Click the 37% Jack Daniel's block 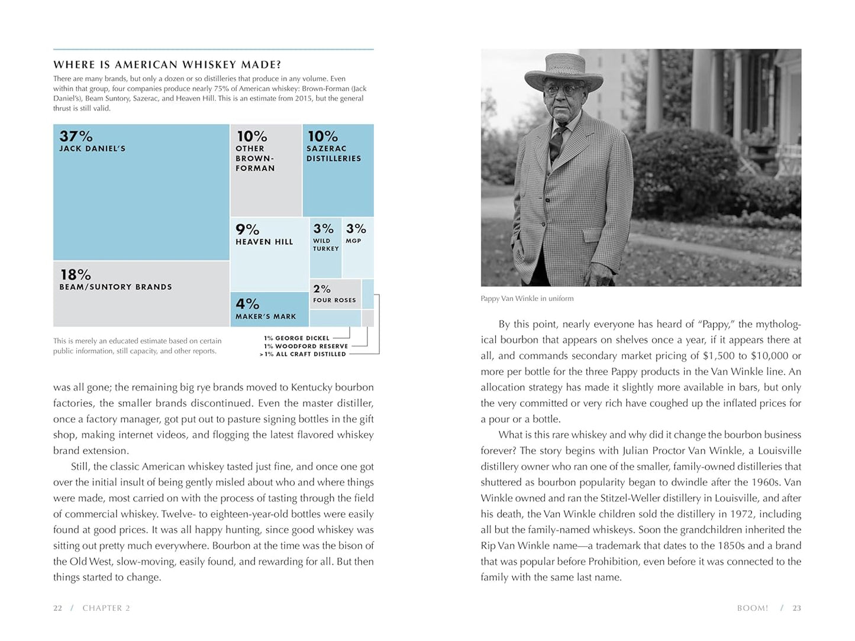click(141, 192)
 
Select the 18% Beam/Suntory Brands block click(141, 294)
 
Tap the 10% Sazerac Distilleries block click(338, 170)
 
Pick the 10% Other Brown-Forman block click(266, 170)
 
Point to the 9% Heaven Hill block click(269, 254)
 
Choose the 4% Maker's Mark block click(269, 309)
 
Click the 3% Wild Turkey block click(325, 248)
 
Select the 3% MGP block click(358, 248)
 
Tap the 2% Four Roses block click(335, 294)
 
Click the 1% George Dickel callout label click(296, 338)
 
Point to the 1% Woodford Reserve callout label click(306, 347)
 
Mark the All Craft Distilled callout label click(302, 354)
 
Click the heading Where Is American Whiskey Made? click(167, 64)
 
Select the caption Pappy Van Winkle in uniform click(527, 299)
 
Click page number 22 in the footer click(57, 608)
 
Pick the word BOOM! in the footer click(752, 608)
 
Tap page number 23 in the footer click(797, 608)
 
